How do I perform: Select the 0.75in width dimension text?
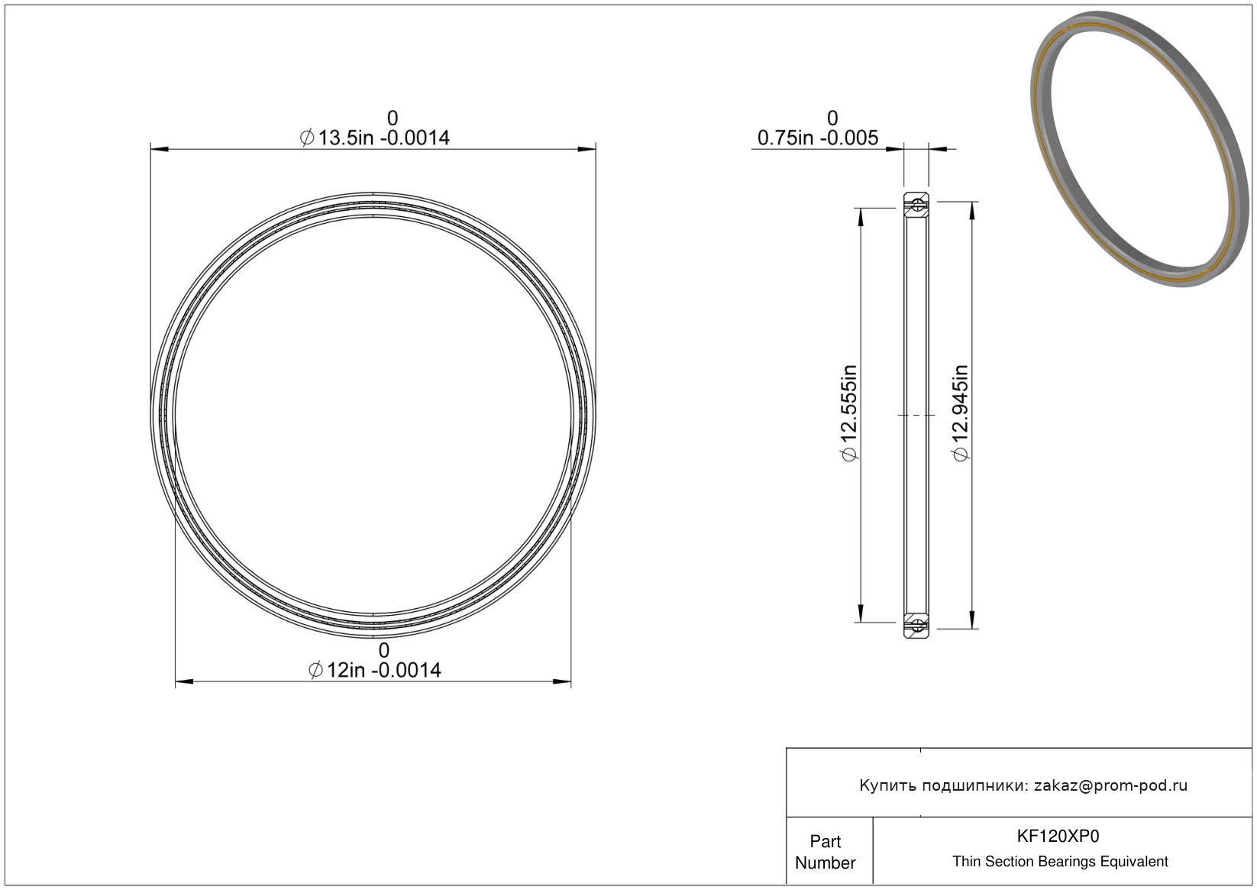(818, 138)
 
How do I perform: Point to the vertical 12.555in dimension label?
(849, 413)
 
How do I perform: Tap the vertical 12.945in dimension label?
(961, 413)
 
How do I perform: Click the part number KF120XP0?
(1058, 836)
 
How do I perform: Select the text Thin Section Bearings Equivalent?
(1060, 862)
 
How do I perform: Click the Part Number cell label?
(826, 852)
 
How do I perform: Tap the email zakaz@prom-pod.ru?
(1110, 785)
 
